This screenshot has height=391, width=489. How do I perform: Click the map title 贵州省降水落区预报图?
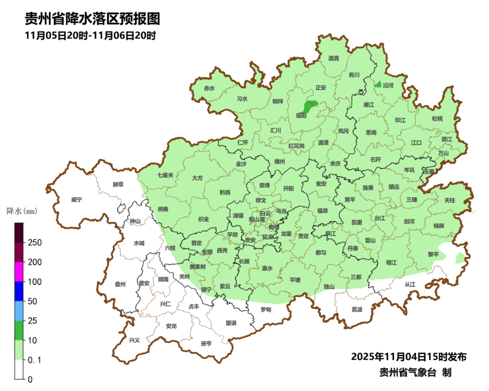pyautogui.click(x=92, y=19)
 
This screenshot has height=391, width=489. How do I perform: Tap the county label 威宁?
pyautogui.click(x=77, y=200)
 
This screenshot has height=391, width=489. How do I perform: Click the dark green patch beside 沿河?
pyautogui.click(x=378, y=84)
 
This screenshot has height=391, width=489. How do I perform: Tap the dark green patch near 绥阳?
pyautogui.click(x=310, y=107)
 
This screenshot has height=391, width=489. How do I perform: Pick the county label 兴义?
pyautogui.click(x=135, y=340)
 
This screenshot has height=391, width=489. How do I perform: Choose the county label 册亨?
pyautogui.click(x=206, y=343)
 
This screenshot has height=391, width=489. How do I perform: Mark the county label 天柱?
pyautogui.click(x=450, y=200)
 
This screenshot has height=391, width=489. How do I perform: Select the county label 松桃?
pyautogui.click(x=437, y=119)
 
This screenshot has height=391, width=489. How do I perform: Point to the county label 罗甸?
pyautogui.click(x=266, y=310)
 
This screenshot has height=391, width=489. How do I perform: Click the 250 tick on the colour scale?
pyautogui.click(x=35, y=243)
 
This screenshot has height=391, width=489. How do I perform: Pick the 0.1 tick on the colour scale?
pyautogui.click(x=34, y=360)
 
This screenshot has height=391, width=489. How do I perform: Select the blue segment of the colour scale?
pyautogui.click(x=19, y=291)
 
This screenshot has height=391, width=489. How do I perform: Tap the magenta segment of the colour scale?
pyautogui.click(x=19, y=272)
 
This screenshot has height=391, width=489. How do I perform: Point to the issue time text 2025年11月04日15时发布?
pyautogui.click(x=408, y=357)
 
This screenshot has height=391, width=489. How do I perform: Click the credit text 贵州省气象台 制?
pyautogui.click(x=415, y=372)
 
